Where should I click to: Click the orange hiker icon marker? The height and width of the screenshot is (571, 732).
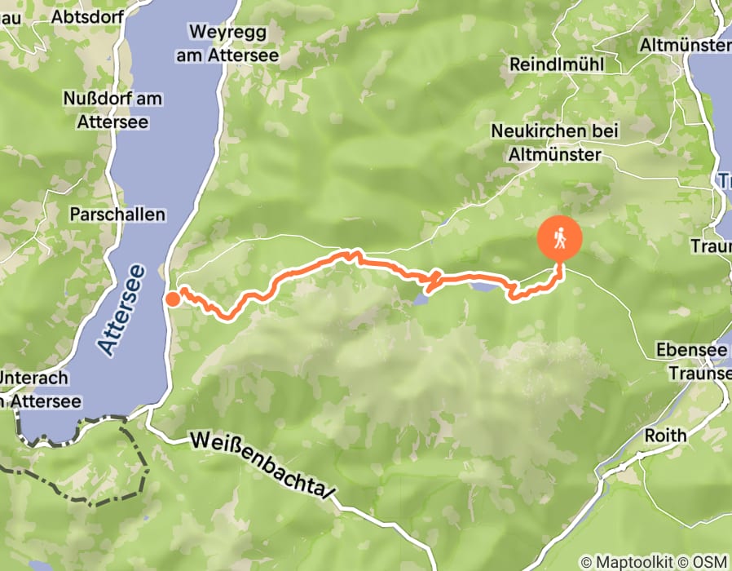[x=560, y=239]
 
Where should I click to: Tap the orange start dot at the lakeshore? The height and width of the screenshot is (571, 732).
[x=172, y=299]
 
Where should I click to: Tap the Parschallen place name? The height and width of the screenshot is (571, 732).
[x=118, y=215]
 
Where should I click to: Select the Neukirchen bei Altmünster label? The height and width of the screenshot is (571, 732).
[x=555, y=142]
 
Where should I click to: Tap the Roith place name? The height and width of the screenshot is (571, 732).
[x=666, y=436]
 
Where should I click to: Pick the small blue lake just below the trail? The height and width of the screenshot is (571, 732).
[x=421, y=299]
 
